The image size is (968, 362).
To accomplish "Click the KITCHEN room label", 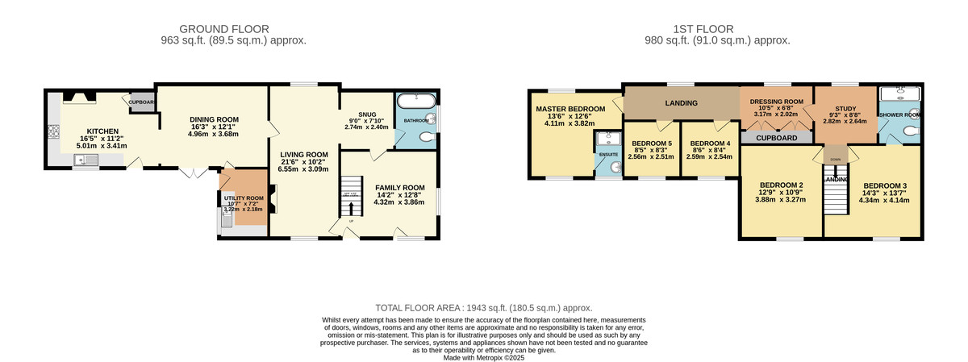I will [x=103, y=131].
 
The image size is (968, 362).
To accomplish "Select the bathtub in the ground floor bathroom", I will [x=415, y=101].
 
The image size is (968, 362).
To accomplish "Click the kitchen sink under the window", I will [x=85, y=161].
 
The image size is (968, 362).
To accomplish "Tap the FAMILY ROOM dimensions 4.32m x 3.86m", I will [x=390, y=202].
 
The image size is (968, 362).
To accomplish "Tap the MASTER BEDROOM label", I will [x=570, y=109].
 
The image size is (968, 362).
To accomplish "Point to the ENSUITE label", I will [x=608, y=155].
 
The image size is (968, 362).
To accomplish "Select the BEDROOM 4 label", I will [x=710, y=144].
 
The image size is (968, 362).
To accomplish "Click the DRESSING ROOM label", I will [x=776, y=102].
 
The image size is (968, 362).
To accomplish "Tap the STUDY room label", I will [x=845, y=108].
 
